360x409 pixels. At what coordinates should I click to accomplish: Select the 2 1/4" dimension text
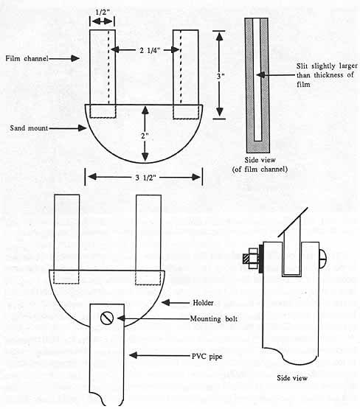click(150, 50)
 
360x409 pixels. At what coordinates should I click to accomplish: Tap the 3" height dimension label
click(221, 76)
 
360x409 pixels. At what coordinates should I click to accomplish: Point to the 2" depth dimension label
click(145, 136)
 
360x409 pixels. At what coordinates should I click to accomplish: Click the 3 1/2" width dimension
click(145, 178)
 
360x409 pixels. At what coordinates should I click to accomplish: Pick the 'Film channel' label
click(27, 58)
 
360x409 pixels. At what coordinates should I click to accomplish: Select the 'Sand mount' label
click(29, 127)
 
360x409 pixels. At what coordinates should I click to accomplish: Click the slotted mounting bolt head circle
click(107, 318)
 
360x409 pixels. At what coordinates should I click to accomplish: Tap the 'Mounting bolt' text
click(214, 318)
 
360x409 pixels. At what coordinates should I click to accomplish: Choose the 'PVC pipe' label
click(207, 356)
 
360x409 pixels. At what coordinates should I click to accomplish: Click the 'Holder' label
click(203, 303)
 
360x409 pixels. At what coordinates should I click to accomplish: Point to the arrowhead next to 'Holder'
click(166, 303)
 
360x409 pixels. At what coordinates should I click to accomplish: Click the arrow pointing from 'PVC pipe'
click(160, 355)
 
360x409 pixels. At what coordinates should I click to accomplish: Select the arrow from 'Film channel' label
click(64, 58)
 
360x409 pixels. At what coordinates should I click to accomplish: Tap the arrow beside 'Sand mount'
click(68, 127)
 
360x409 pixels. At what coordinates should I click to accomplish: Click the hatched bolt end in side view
click(246, 258)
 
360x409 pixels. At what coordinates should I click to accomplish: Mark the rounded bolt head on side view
click(322, 258)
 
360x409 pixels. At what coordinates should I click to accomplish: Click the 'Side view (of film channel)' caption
click(260, 164)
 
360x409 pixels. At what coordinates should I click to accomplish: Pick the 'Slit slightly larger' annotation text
click(327, 66)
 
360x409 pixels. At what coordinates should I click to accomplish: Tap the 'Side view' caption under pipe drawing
click(292, 378)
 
